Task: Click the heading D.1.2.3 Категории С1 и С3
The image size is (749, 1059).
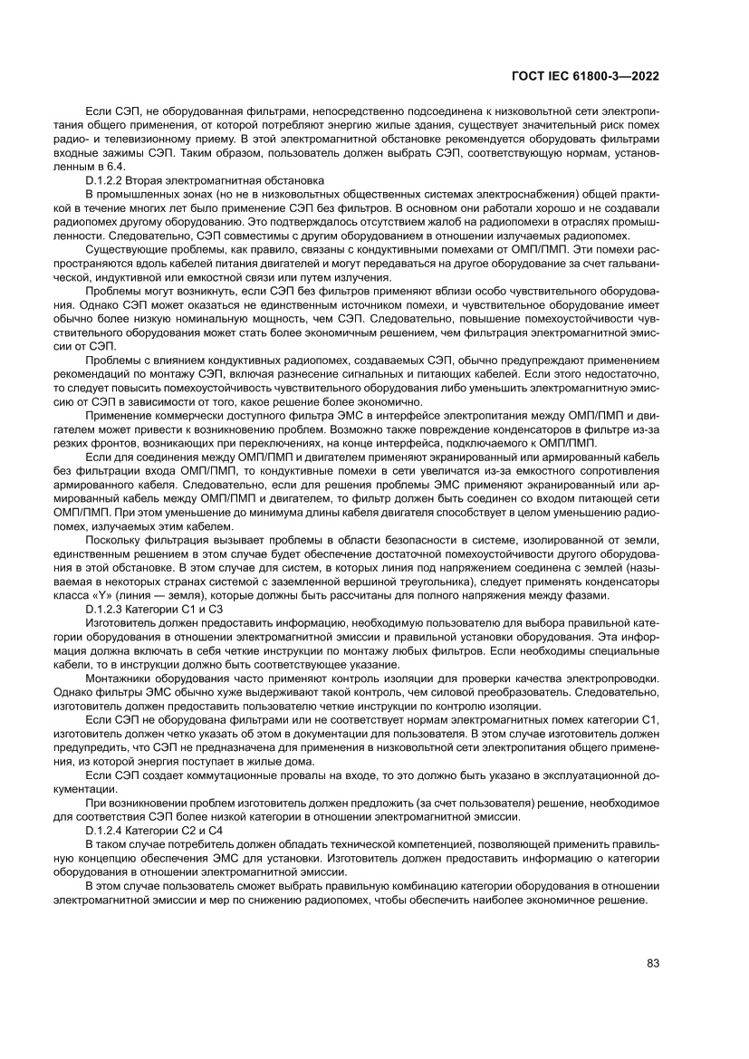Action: pos(153,611)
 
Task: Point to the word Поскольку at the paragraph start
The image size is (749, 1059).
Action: pos(112,541)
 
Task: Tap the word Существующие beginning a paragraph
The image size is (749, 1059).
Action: pos(123,248)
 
